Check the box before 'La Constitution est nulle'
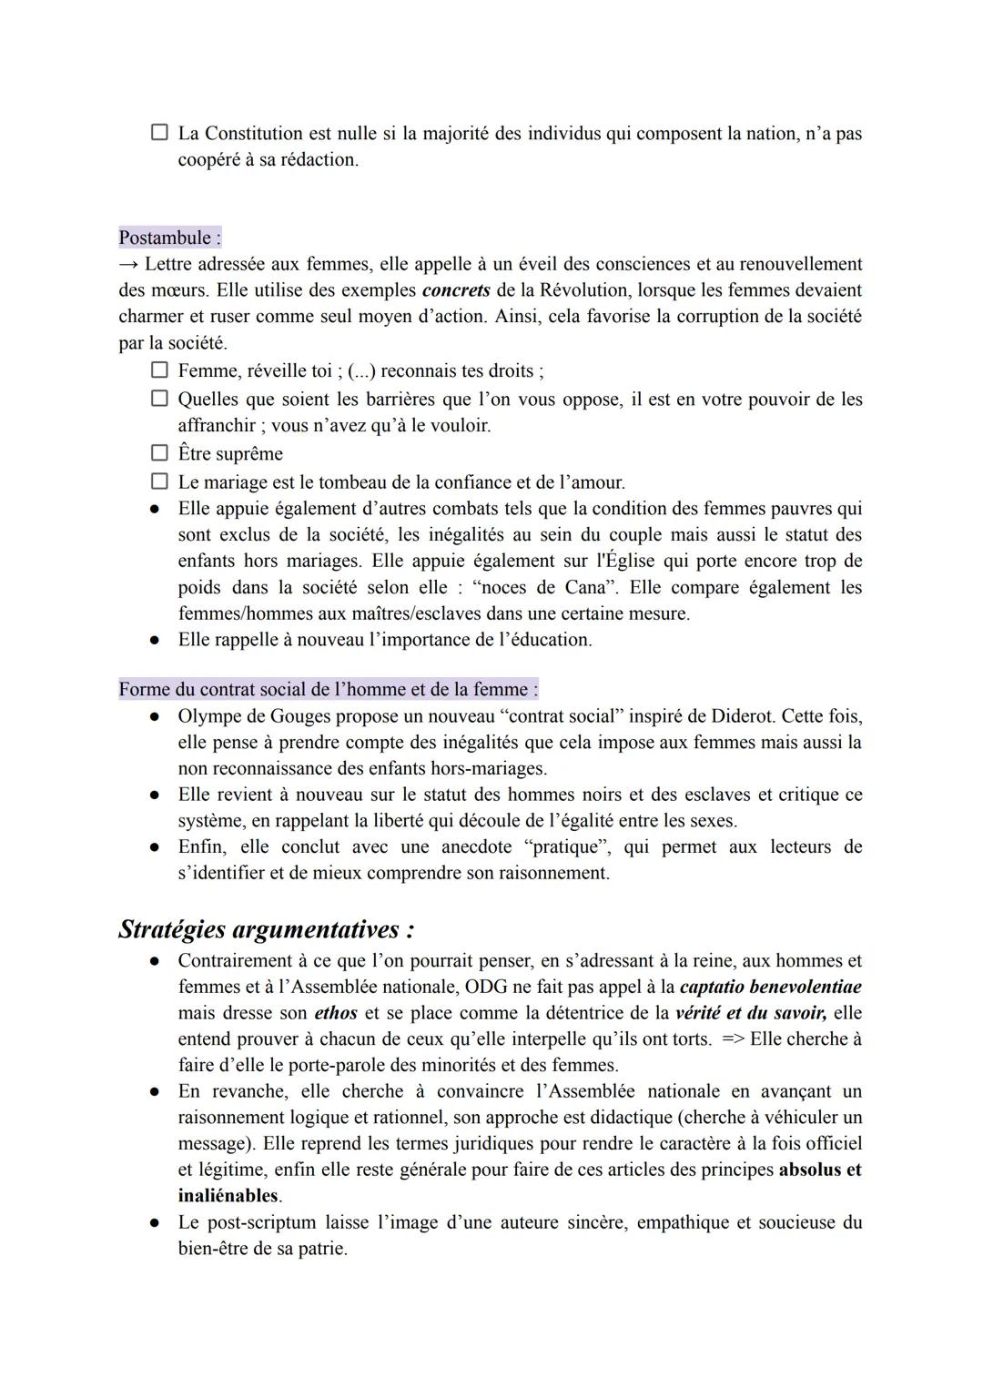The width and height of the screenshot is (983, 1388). point(159,133)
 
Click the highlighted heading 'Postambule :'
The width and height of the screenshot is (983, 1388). point(169,238)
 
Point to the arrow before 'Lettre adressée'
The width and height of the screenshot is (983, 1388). point(128,265)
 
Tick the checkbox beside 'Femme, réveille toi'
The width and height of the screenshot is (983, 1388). point(159,370)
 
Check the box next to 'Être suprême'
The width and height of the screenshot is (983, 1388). point(159,453)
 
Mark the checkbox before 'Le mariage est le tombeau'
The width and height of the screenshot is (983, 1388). point(159,481)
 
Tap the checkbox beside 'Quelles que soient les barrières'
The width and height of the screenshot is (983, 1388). point(159,399)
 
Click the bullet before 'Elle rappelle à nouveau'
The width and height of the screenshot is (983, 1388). point(156,640)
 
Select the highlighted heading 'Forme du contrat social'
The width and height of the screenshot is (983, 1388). point(328,689)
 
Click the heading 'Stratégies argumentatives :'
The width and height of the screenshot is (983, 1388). point(267,929)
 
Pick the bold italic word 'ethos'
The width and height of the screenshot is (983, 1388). point(335,1013)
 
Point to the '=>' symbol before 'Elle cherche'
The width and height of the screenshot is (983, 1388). point(733,1038)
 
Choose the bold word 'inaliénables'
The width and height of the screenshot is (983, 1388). point(228,1196)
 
